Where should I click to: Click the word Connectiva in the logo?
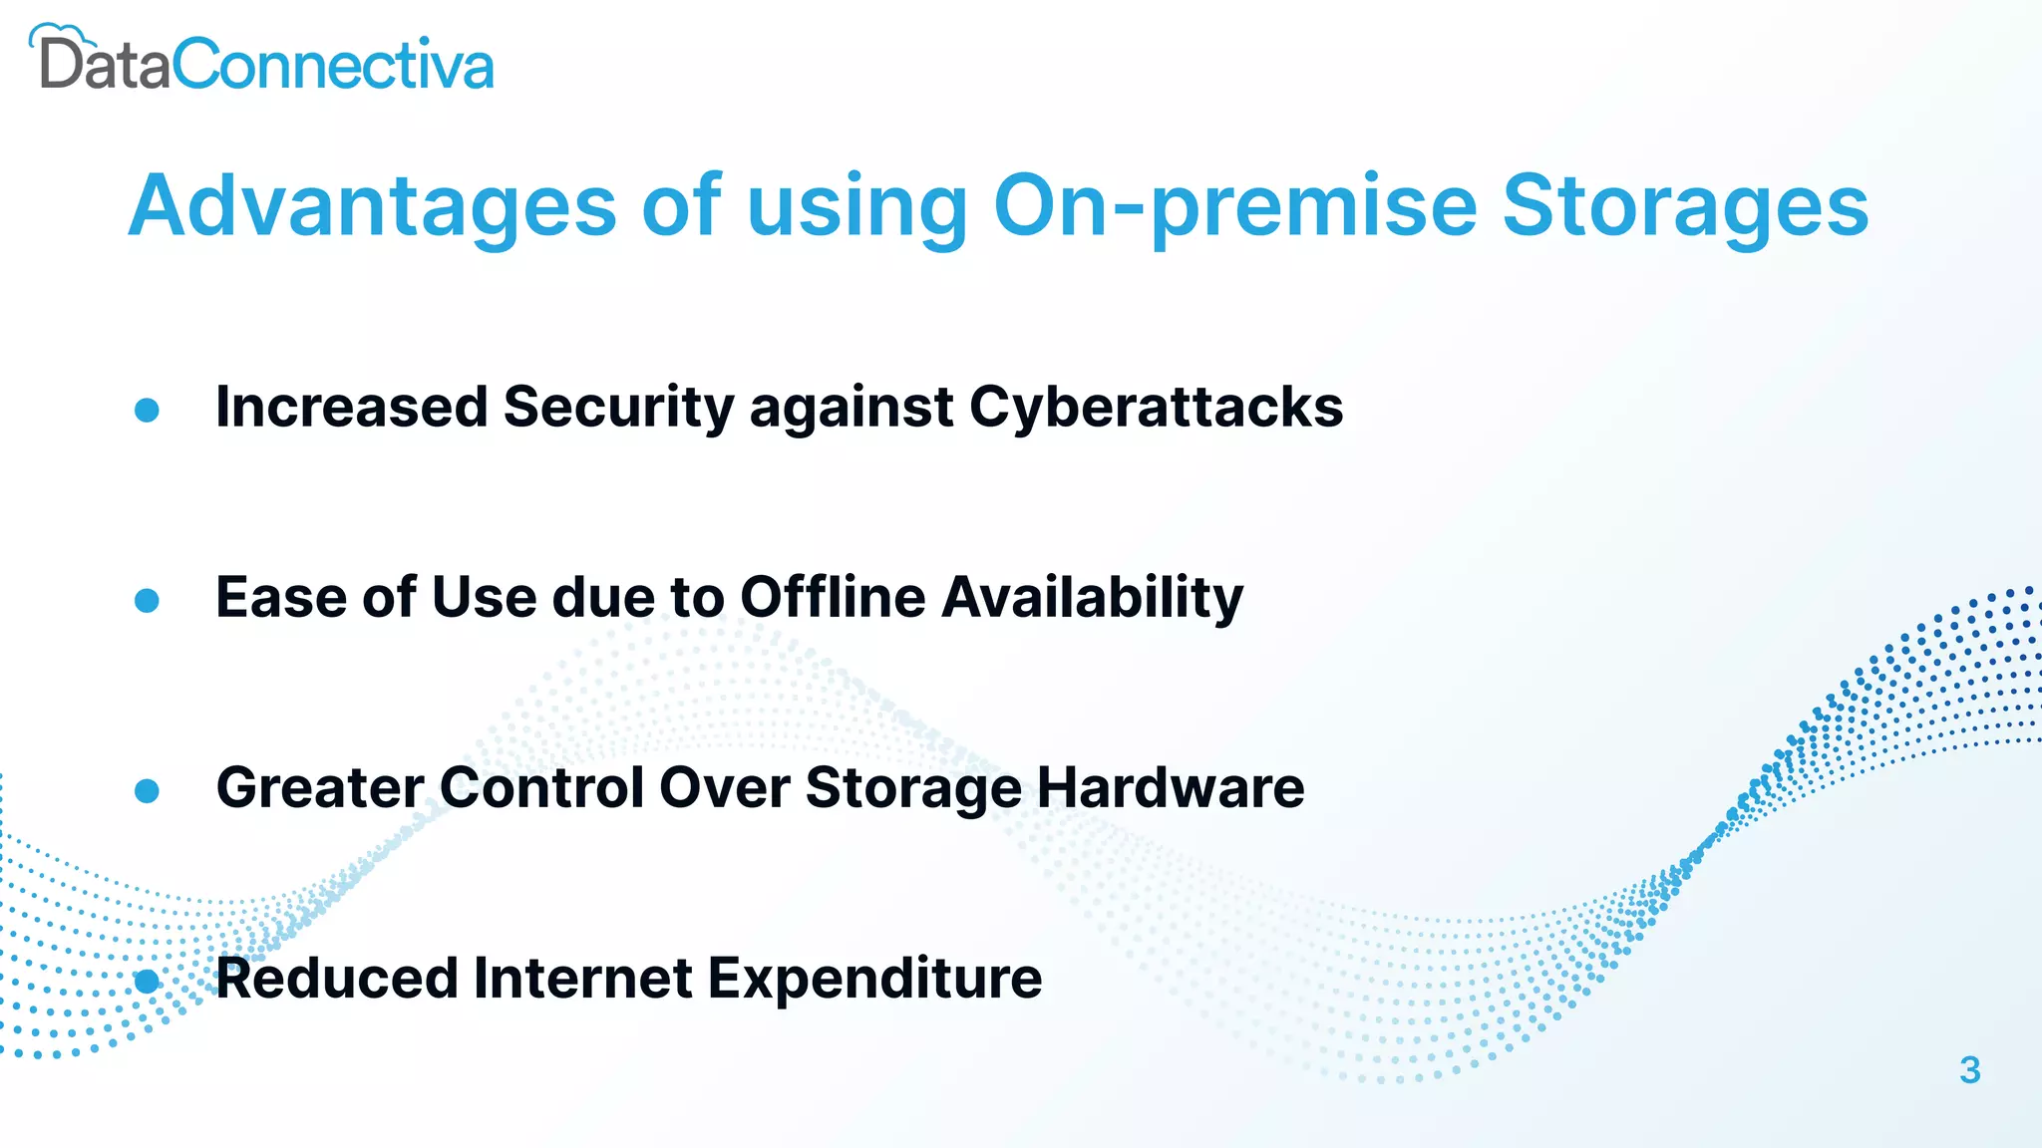[x=333, y=66]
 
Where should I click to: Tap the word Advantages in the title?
[x=373, y=206]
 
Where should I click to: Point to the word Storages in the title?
[x=1685, y=206]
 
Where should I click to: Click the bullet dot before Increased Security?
[x=147, y=410]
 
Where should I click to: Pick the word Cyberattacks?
[x=1156, y=408]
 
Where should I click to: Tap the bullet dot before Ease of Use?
[x=147, y=600]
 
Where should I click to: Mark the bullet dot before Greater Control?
[x=147, y=790]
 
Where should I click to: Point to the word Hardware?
[x=1171, y=787]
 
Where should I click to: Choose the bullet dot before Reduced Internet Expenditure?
[x=147, y=981]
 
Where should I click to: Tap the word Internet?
[x=582, y=978]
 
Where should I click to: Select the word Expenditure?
[x=874, y=979]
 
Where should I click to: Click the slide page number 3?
[x=1969, y=1070]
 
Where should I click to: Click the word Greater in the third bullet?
[x=320, y=787]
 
